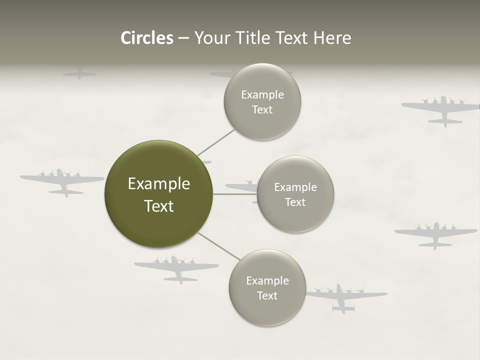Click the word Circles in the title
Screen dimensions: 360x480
(147, 38)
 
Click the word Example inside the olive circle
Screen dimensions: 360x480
(158, 184)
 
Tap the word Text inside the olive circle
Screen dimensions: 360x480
(158, 206)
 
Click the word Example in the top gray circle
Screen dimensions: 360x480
(262, 94)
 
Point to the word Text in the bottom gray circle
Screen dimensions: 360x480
(267, 295)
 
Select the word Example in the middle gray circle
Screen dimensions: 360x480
(295, 187)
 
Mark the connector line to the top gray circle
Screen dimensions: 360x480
(216, 142)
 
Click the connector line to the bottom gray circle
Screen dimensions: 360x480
(218, 245)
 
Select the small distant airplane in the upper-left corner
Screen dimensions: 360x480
(79, 73)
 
